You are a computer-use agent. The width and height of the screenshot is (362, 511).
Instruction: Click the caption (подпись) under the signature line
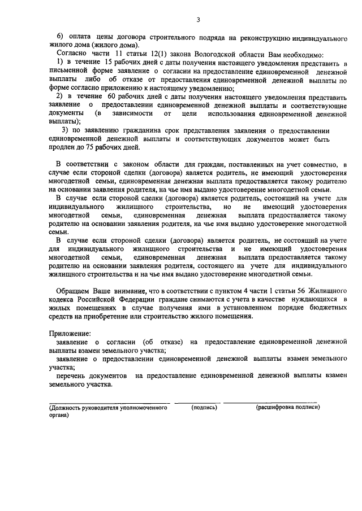pyautogui.click(x=204, y=407)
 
